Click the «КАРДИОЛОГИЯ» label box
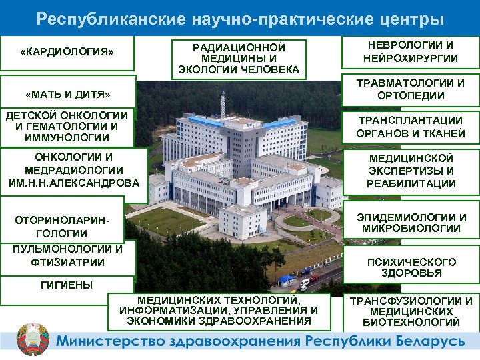point(67,51)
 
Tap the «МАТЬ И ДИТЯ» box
point(67,93)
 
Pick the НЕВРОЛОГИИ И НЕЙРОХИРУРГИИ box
point(411,51)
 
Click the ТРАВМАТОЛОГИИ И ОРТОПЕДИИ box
point(411,89)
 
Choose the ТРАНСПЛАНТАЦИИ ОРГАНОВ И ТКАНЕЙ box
point(411,127)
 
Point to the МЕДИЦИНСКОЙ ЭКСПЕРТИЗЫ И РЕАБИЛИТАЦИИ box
point(411,171)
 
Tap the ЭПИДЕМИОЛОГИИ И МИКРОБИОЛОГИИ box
point(411,223)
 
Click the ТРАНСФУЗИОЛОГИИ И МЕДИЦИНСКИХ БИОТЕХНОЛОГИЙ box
point(411,311)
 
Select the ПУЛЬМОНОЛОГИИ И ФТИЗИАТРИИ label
point(67,255)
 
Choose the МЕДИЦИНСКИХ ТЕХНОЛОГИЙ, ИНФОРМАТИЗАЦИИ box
point(219,311)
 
